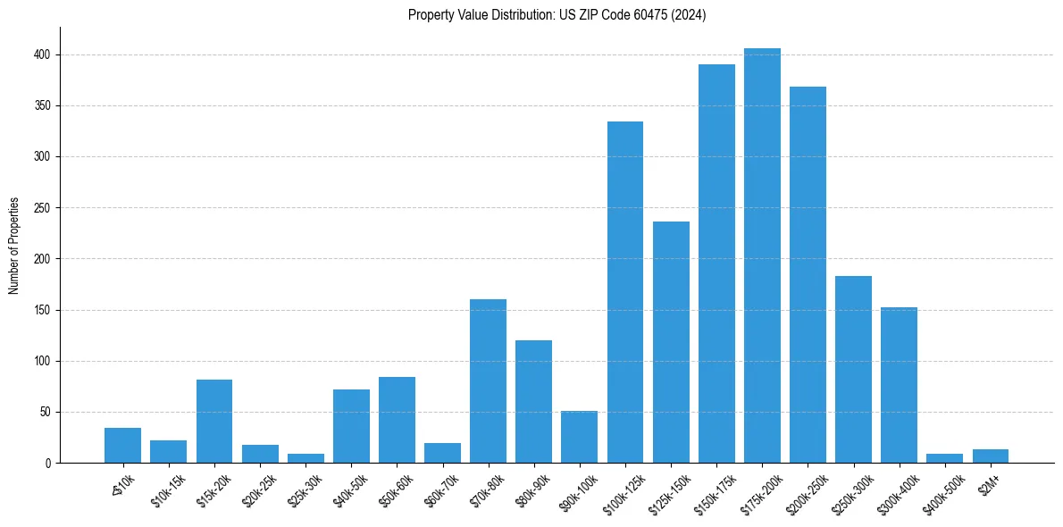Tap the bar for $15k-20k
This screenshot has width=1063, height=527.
pyautogui.click(x=214, y=422)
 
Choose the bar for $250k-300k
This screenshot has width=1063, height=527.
pyautogui.click(x=853, y=370)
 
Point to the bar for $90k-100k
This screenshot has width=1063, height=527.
pyautogui.click(x=579, y=437)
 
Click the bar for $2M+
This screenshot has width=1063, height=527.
pyautogui.click(x=991, y=456)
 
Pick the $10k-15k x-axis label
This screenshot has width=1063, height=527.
pyautogui.click(x=165, y=491)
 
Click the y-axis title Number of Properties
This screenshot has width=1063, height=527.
pyautogui.click(x=13, y=246)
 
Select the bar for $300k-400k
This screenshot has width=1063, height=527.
pyautogui.click(x=899, y=385)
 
